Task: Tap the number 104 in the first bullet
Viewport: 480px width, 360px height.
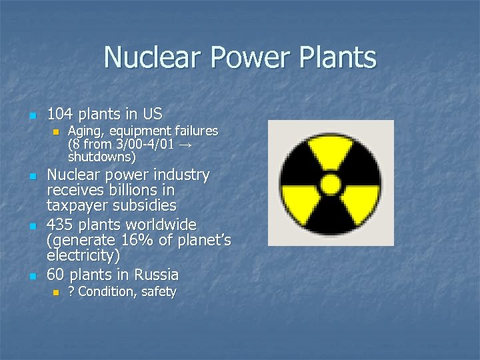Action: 61,113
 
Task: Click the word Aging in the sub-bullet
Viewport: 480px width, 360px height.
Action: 83,131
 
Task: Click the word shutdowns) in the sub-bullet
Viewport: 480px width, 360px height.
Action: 101,157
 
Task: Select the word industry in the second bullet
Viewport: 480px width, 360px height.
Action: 180,175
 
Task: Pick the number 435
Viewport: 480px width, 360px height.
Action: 61,224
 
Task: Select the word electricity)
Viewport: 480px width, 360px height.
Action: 84,255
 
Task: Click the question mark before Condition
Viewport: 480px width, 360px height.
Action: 71,292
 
